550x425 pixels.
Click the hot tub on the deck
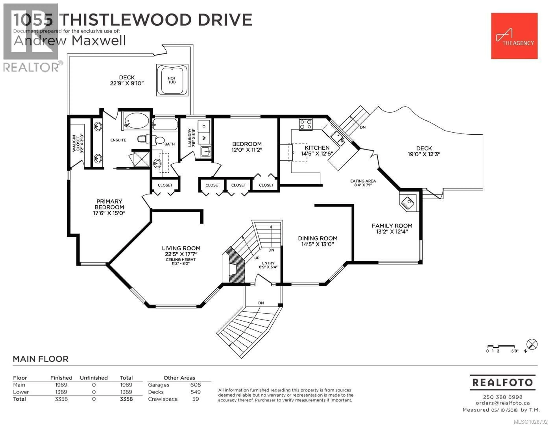(172, 80)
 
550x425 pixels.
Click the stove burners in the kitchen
(306, 124)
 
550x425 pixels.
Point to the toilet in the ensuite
(144, 139)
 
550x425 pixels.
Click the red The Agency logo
(514, 36)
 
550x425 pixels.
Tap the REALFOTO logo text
(502, 382)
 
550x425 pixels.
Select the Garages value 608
(195, 385)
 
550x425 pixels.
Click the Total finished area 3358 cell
(61, 399)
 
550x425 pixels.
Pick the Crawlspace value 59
(195, 399)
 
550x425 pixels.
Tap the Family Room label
(392, 226)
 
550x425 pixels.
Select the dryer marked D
(204, 126)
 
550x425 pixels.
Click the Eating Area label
(363, 181)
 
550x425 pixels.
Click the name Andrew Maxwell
(70, 41)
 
